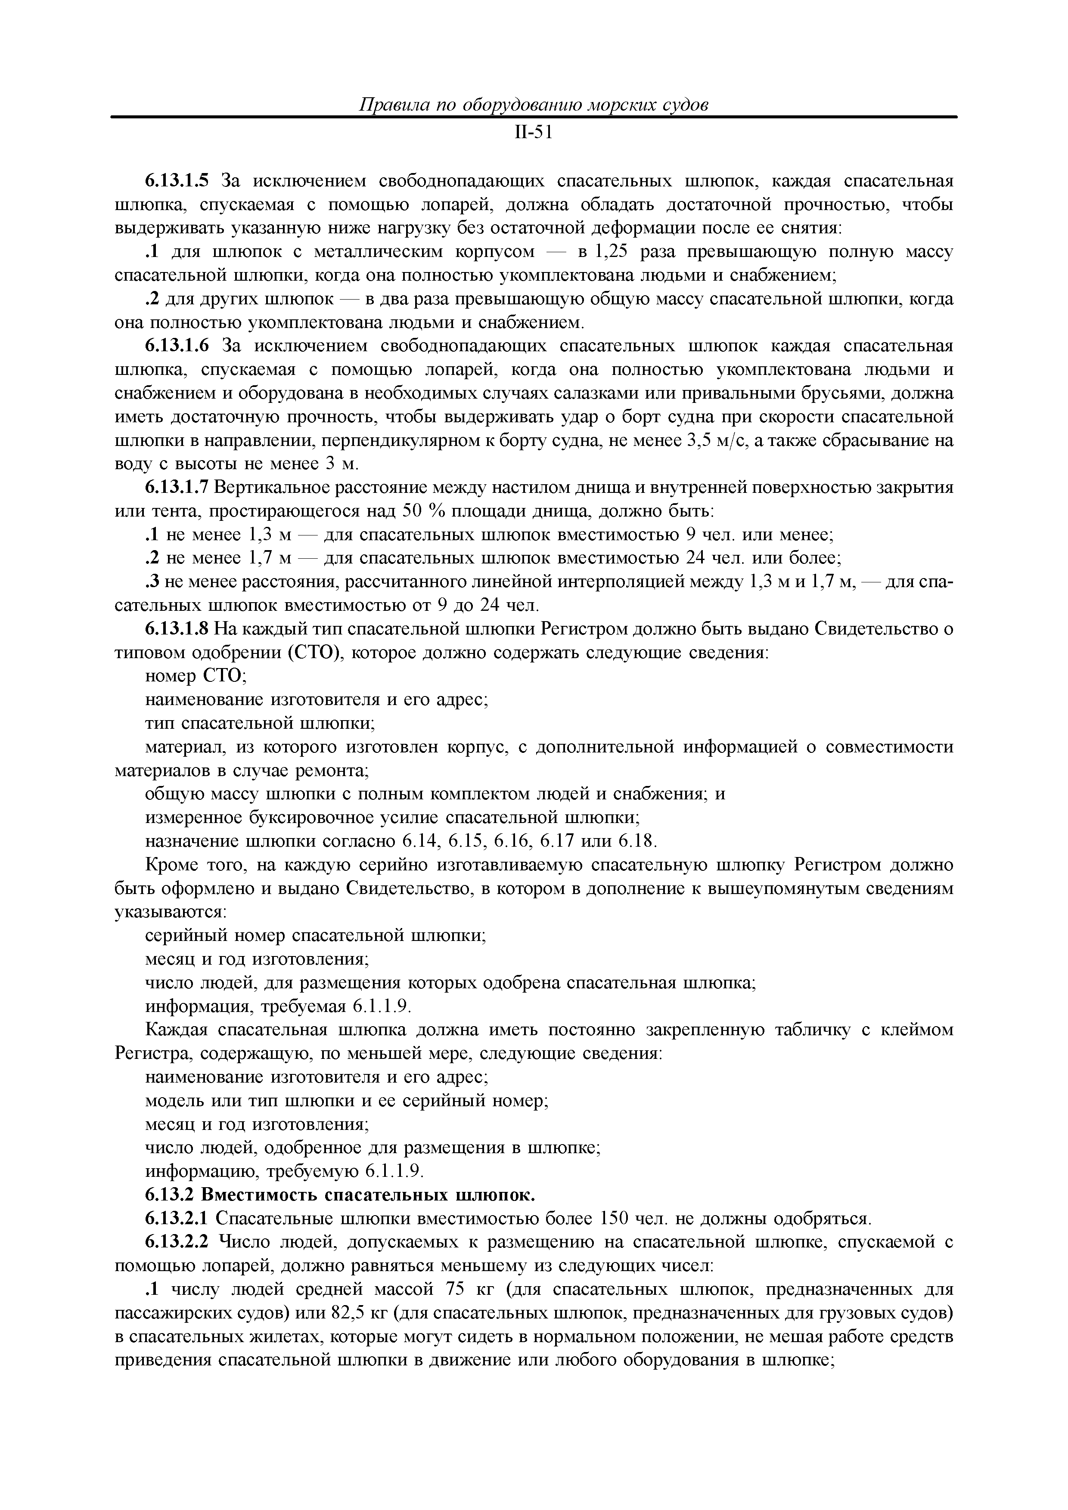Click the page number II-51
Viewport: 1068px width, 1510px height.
coord(533,133)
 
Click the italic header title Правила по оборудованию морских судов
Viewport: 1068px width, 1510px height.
coord(533,105)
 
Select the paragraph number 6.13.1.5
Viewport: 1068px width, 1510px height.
coord(177,181)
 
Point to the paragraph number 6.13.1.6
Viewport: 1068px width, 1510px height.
coord(177,346)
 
